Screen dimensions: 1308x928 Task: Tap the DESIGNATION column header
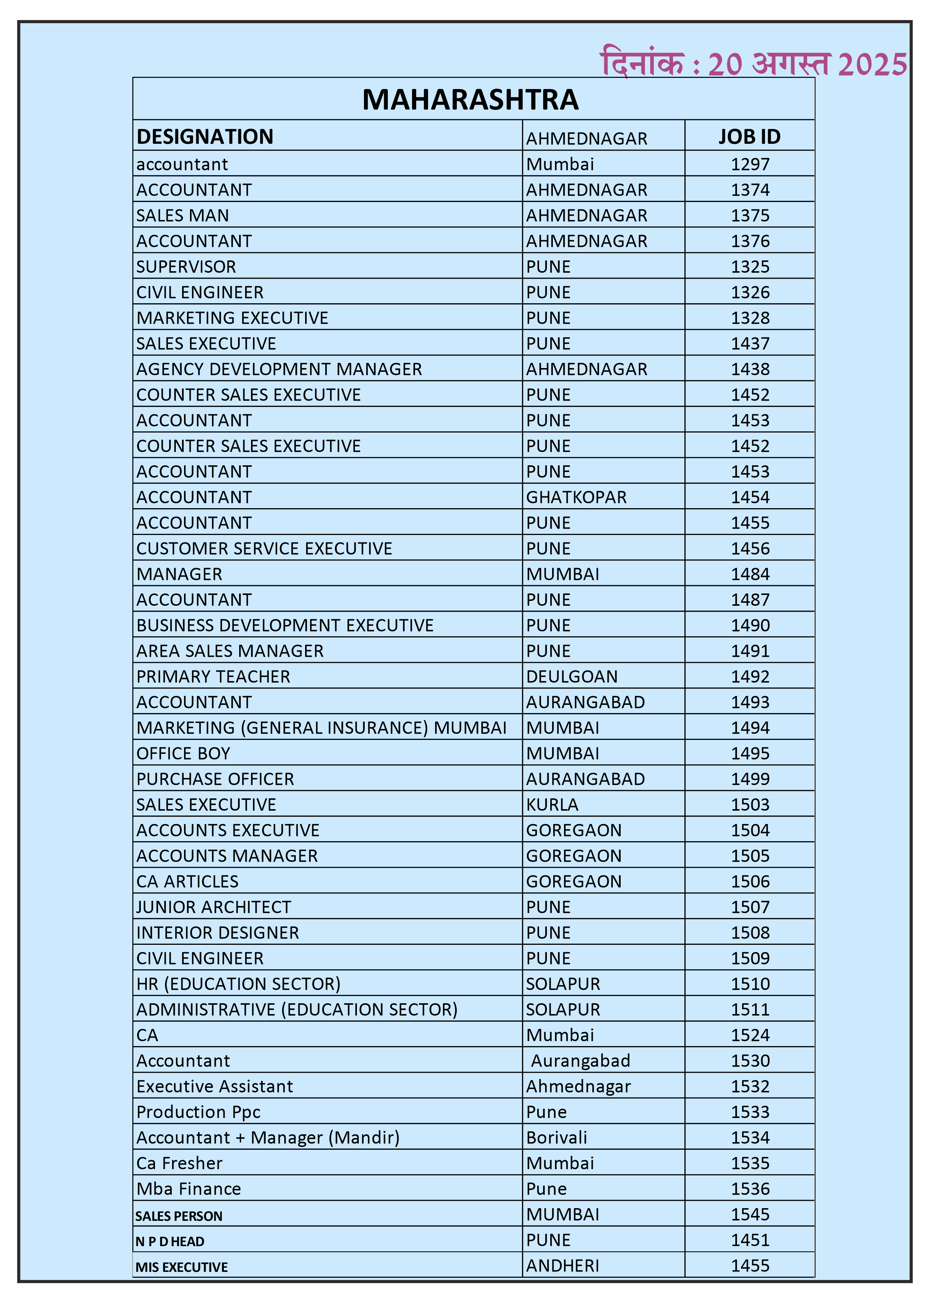pos(205,137)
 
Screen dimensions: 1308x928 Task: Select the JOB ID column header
pos(749,137)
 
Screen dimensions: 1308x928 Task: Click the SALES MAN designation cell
pos(182,215)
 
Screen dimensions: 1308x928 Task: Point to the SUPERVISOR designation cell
pos(186,267)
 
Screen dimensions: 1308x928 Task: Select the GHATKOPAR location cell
pos(576,497)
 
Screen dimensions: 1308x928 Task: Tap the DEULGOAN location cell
pos(571,677)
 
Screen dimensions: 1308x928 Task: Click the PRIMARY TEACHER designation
pos(213,677)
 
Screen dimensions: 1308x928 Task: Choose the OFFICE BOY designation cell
pos(183,754)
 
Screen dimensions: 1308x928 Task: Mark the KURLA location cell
pos(552,805)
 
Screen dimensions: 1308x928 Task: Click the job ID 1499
pos(750,779)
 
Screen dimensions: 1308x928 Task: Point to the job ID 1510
pos(750,984)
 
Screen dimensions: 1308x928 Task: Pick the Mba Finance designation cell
pos(189,1189)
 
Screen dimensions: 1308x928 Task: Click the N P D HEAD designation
pos(170,1242)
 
